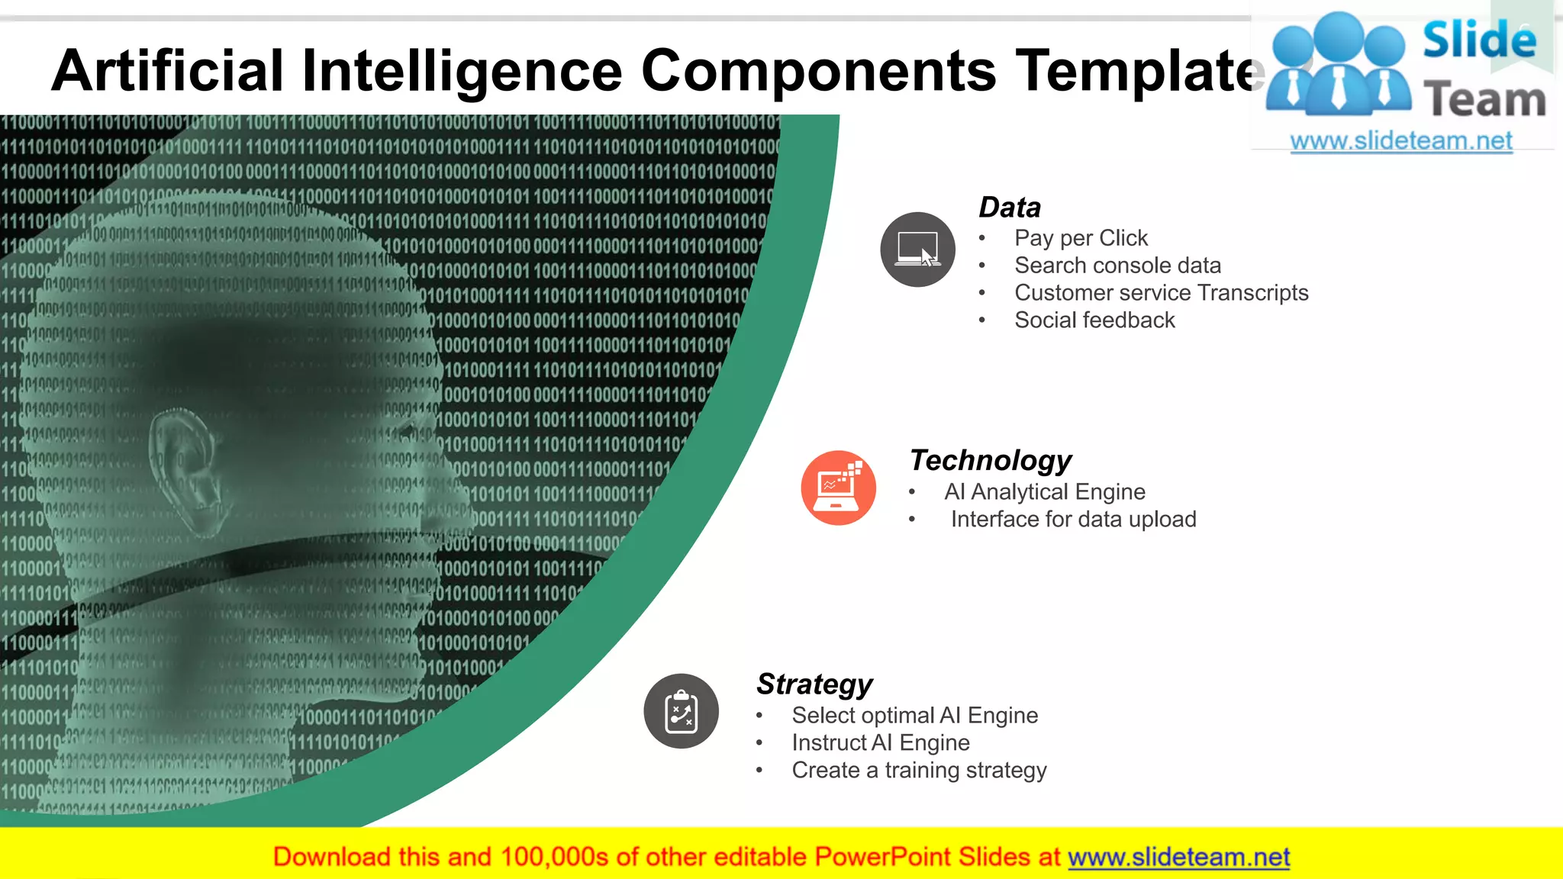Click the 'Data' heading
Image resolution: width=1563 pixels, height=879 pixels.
[1009, 208]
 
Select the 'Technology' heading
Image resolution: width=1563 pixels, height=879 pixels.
[990, 461]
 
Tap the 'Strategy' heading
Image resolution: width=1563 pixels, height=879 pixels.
[814, 684]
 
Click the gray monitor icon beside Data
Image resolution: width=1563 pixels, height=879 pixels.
[917, 250]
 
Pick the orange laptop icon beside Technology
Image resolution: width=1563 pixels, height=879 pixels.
[838, 488]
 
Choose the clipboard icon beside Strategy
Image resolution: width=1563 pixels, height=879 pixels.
[681, 711]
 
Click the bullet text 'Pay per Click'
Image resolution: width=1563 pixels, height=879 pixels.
[1081, 238]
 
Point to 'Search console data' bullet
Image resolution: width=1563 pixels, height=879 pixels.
[1117, 266]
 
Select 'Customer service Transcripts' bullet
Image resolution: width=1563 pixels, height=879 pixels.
[1161, 293]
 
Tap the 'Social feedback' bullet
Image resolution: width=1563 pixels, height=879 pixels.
[1094, 320]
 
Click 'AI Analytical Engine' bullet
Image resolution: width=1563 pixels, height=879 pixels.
[1044, 492]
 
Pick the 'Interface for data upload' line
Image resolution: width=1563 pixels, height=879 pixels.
[1073, 520]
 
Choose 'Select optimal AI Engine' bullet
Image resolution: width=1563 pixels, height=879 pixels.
[914, 716]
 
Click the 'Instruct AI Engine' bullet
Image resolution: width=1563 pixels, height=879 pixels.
[880, 743]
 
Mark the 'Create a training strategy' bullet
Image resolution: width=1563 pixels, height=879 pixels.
[919, 771]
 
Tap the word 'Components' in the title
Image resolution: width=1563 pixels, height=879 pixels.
[818, 71]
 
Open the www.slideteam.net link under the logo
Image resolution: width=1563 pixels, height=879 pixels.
[1401, 141]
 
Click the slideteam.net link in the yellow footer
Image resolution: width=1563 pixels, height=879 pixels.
[1178, 857]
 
